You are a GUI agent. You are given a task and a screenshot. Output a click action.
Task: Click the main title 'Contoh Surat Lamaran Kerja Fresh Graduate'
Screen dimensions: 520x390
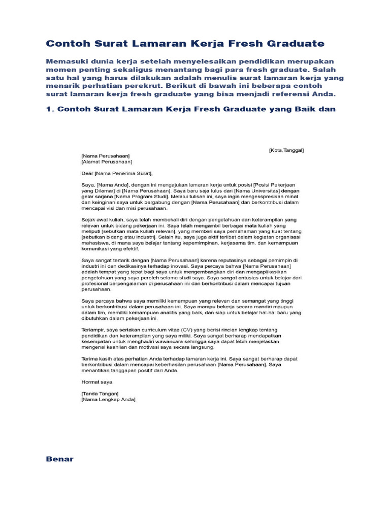185,44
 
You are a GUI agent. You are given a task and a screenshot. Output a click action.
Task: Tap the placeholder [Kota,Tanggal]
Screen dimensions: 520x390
286,150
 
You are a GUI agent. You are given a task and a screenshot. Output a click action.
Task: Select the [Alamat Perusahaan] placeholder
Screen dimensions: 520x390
107,162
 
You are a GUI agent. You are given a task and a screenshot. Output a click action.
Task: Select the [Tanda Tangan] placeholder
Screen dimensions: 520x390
100,394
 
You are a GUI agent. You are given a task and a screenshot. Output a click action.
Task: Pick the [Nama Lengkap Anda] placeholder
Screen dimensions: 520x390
108,400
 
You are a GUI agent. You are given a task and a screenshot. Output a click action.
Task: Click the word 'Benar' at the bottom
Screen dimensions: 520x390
59,459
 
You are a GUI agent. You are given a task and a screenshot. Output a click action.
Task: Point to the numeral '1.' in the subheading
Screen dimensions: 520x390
50,109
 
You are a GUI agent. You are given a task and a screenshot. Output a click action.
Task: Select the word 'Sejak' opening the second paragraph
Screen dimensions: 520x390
88,219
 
